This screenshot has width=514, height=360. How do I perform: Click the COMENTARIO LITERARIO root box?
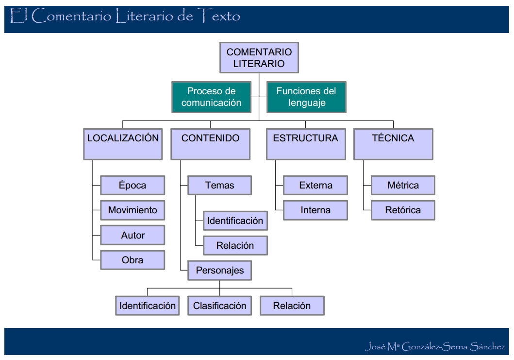pos(259,57)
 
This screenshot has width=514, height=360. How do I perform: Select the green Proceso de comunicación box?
pos(211,97)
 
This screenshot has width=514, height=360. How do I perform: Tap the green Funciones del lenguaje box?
pos(306,97)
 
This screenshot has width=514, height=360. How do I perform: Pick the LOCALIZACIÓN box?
pos(123,144)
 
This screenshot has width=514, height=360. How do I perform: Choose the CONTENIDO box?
pos(211,144)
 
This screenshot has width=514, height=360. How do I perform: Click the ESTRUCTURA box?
pos(306,144)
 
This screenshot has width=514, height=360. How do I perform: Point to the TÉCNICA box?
pos(393,144)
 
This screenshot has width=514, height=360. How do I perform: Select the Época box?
pos(133,185)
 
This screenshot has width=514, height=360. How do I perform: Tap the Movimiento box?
pos(133,210)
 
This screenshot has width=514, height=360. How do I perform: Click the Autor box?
pos(133,235)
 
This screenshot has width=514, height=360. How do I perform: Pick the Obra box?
pos(133,260)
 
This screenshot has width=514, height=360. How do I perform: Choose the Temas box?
pos(219,185)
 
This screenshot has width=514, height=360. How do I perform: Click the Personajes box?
pos(219,271)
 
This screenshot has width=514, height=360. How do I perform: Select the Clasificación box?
pos(219,306)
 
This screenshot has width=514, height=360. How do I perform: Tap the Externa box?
pos(315,185)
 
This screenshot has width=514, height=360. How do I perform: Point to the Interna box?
pos(315,210)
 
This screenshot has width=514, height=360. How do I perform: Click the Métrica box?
pos(403,185)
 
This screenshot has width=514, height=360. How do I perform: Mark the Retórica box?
pos(403,210)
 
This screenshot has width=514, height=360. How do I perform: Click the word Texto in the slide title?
pos(219,17)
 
